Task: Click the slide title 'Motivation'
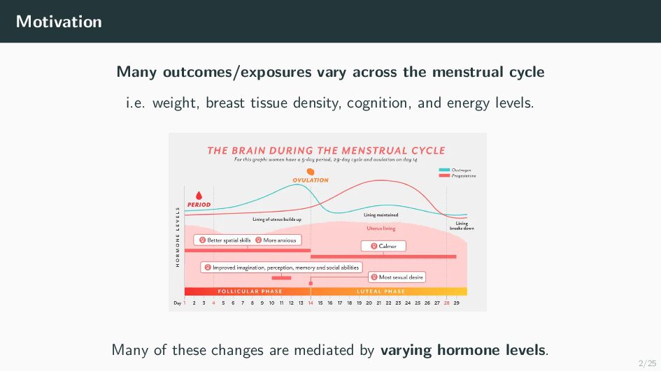[x=59, y=22]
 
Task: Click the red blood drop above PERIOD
[x=199, y=196]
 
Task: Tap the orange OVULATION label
[x=311, y=180]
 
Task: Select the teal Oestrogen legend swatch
[x=444, y=170]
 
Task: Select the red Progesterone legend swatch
[x=444, y=175]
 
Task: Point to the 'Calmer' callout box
[x=383, y=246]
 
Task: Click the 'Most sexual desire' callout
[x=397, y=277]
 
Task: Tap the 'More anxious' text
[x=280, y=240]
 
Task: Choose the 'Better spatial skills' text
[x=229, y=240]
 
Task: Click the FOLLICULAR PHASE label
[x=250, y=291]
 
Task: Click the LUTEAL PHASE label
[x=381, y=291]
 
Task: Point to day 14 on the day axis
[x=311, y=303]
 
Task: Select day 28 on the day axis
[x=446, y=303]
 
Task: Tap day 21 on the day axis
[x=378, y=303]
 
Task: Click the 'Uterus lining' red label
[x=381, y=228]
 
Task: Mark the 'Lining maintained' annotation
[x=381, y=215]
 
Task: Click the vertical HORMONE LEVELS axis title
[x=178, y=236]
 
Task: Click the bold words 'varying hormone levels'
[x=463, y=350]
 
